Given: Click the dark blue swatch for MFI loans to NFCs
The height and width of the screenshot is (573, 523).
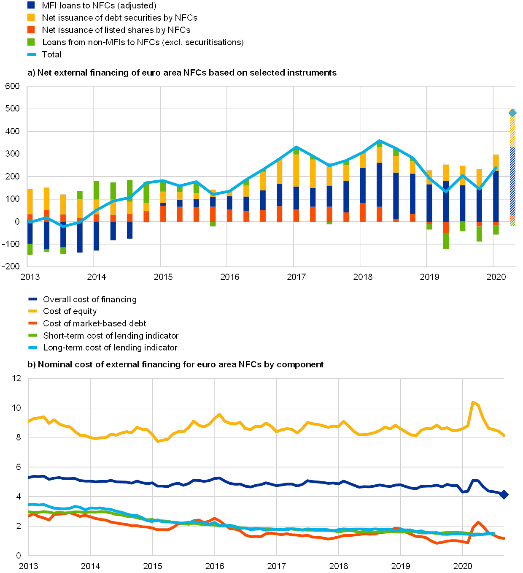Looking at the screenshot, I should [31, 5].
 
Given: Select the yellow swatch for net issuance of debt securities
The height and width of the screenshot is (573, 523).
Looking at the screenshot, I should [31, 18].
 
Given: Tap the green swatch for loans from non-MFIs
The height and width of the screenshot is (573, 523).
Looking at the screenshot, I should [31, 42].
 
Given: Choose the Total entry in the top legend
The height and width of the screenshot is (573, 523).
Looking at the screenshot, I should [51, 54].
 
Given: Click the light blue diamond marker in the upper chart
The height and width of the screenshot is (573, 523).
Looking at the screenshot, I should [512, 113].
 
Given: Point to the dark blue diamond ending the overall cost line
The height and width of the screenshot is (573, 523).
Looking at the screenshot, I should [504, 495].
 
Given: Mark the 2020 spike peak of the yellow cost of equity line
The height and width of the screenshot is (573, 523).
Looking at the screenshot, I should [473, 402].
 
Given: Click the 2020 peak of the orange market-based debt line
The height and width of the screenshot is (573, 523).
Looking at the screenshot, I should [478, 522].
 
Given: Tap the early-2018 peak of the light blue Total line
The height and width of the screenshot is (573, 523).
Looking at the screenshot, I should [380, 141].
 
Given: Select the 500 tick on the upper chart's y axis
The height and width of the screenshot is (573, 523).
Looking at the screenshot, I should [13, 109].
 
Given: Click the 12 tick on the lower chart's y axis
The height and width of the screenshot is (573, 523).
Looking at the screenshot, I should [16, 378].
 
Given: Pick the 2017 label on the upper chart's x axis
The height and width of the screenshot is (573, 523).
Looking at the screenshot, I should [296, 277].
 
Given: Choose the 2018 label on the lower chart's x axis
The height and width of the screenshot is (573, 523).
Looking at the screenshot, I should [339, 566].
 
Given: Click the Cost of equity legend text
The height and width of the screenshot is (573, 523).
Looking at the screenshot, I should [70, 311].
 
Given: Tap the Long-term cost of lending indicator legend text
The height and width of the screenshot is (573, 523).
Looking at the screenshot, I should [110, 348].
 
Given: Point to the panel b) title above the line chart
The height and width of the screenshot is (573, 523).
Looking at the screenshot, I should [175, 364].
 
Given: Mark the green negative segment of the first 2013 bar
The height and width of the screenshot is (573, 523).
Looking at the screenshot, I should [30, 249].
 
